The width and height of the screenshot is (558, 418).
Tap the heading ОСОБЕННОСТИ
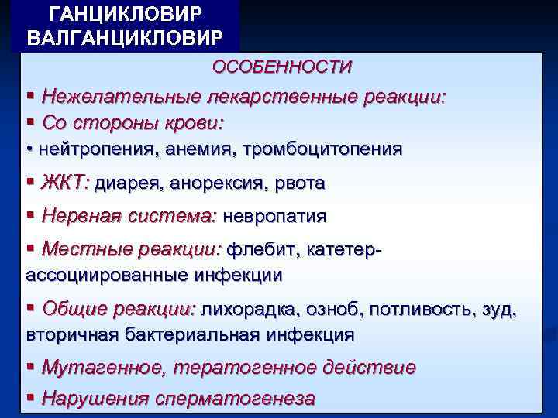click(282, 67)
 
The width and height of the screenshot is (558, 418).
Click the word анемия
click(205, 149)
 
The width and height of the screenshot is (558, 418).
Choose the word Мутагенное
click(99, 368)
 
